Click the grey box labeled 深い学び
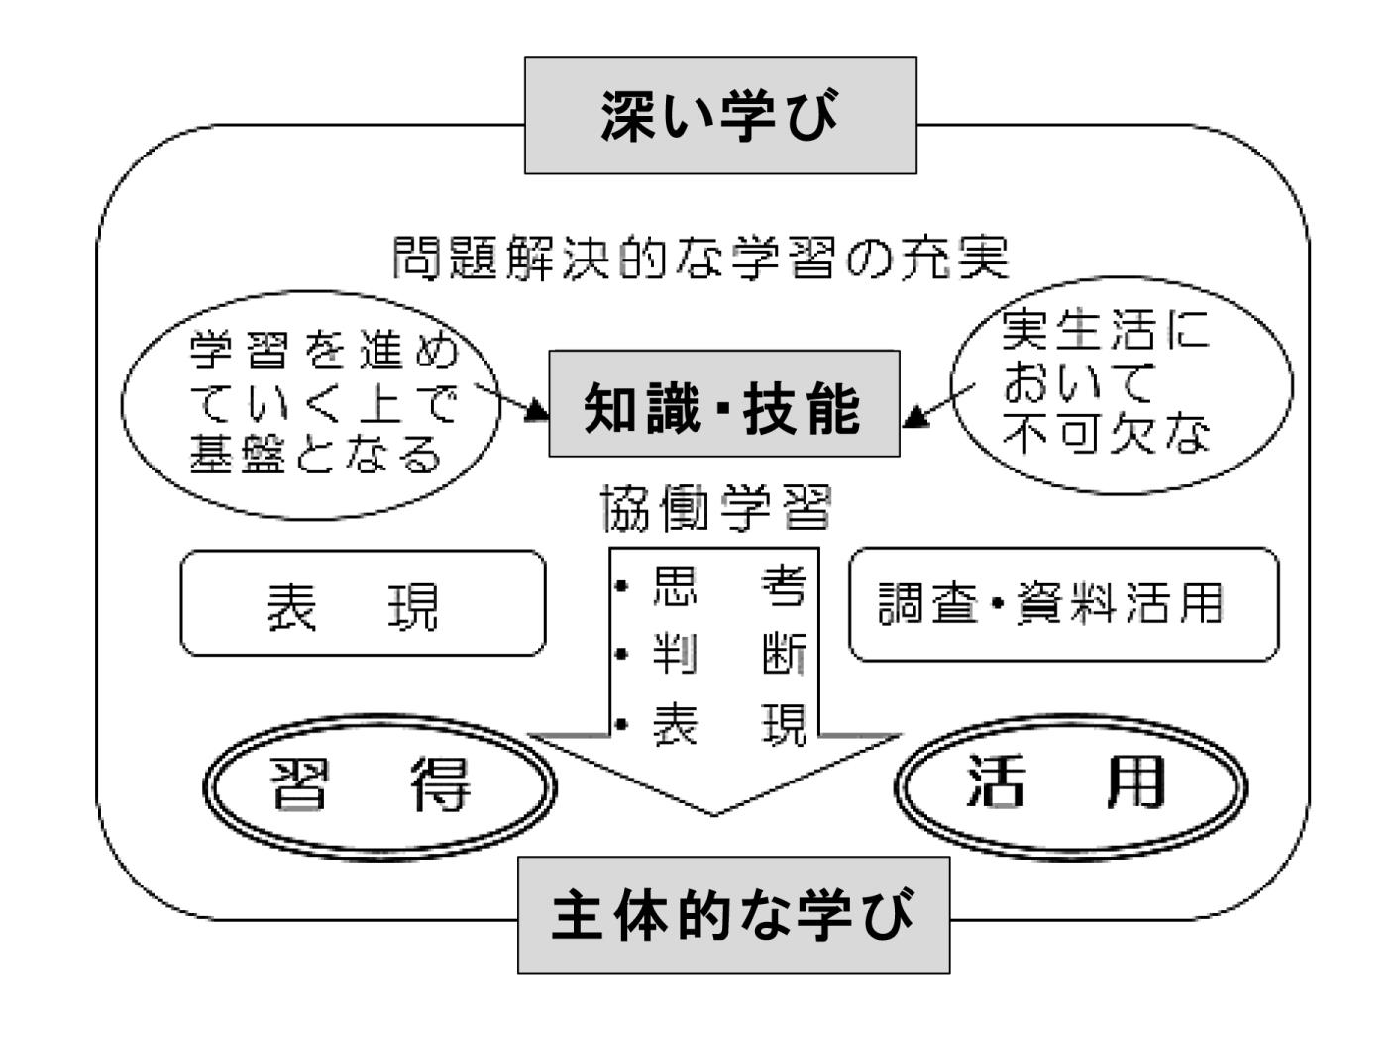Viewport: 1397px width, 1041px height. point(720,115)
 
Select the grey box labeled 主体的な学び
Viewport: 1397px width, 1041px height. point(733,915)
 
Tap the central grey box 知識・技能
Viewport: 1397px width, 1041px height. point(724,403)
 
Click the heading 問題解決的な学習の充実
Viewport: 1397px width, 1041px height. point(700,258)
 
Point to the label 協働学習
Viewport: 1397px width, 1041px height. point(715,508)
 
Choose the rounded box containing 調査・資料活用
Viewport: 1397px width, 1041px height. point(1063,604)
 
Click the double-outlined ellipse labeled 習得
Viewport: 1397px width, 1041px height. point(379,787)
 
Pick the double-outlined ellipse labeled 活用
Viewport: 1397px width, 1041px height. point(1070,786)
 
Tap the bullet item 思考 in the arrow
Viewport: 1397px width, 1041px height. point(711,586)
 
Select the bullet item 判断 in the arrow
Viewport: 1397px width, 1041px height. point(711,654)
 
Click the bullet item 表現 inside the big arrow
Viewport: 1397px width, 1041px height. point(711,724)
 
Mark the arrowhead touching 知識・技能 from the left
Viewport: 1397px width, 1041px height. point(536,410)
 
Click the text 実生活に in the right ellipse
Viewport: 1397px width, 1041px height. point(1105,330)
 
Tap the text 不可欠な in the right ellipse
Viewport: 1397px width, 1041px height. point(1106,434)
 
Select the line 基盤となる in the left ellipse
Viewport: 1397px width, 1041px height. point(316,454)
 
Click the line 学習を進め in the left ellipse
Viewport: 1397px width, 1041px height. point(324,350)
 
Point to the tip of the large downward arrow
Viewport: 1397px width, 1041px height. point(714,815)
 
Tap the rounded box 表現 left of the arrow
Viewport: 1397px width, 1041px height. point(363,603)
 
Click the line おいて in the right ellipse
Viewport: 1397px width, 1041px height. point(1078,381)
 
